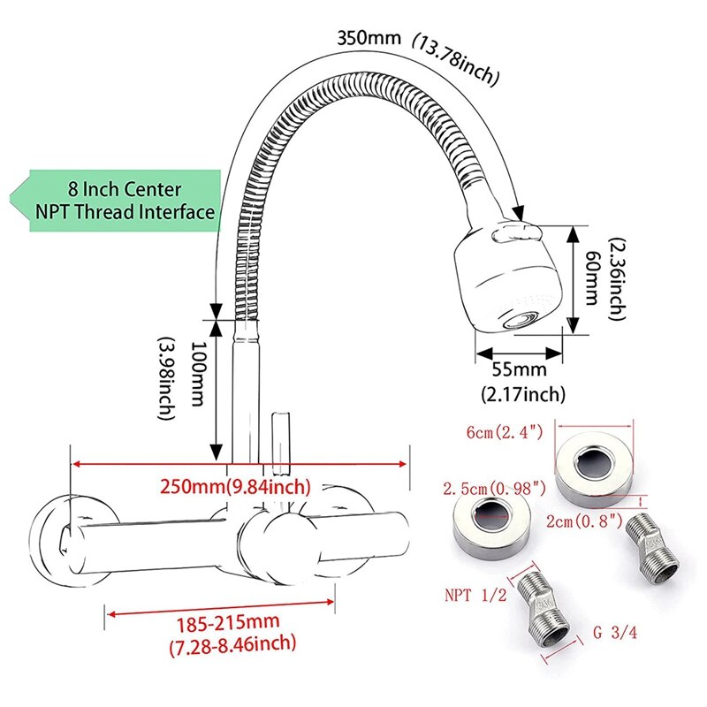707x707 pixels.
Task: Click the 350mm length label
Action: click(x=369, y=39)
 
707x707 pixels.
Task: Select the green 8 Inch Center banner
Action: click(x=124, y=201)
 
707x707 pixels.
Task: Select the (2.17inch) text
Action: click(x=522, y=394)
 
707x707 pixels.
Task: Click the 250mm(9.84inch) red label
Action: click(x=235, y=486)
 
